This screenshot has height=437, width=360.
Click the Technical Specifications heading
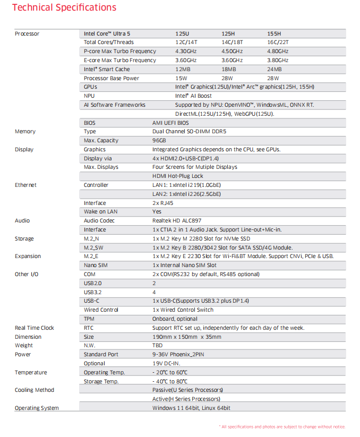(x=64, y=8)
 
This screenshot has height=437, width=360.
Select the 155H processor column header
(x=274, y=33)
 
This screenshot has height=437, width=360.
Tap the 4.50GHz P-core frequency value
(x=232, y=52)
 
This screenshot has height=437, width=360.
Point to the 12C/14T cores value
(x=186, y=42)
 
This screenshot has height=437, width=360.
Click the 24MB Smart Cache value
(x=275, y=70)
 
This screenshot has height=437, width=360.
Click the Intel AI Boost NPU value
(x=193, y=96)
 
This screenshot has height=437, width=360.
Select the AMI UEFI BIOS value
(x=170, y=123)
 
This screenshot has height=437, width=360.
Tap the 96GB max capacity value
(x=159, y=141)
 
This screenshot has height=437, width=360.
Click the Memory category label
(x=25, y=132)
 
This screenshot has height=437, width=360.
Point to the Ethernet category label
(x=25, y=185)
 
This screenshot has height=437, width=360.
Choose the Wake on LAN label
(x=101, y=212)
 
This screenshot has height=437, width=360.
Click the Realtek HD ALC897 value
(x=177, y=221)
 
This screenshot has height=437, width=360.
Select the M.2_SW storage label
(x=93, y=248)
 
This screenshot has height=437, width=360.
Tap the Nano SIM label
(x=96, y=265)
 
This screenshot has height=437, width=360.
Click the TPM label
(x=89, y=319)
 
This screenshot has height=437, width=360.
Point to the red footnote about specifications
(x=282, y=427)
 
